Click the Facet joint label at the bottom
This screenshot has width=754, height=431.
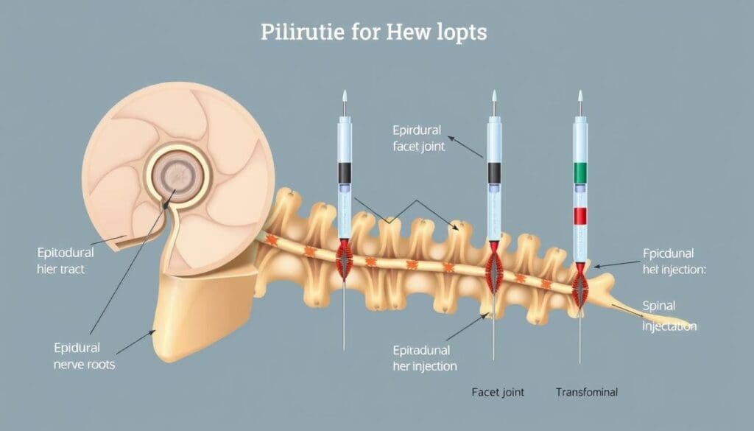click(498, 392)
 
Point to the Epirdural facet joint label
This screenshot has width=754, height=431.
click(419, 137)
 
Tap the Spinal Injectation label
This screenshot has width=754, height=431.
click(669, 315)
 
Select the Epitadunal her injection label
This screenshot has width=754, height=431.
click(425, 358)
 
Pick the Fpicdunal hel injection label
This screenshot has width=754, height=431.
click(673, 261)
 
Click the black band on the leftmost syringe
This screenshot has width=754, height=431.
click(345, 173)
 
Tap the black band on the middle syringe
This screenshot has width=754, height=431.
click(494, 173)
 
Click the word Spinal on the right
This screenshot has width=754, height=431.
click(658, 306)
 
